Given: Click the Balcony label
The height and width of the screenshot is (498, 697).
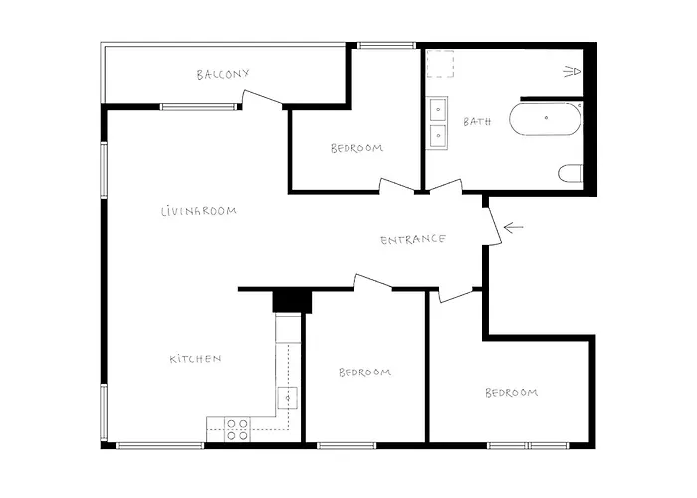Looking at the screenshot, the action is pyautogui.click(x=223, y=74).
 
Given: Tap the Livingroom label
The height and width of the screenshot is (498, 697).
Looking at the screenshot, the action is pyautogui.click(x=199, y=211).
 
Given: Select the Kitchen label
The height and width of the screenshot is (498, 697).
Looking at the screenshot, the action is pyautogui.click(x=195, y=359).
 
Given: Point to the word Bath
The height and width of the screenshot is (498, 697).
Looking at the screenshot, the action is pyautogui.click(x=477, y=122).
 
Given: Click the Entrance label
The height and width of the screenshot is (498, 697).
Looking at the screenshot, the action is pyautogui.click(x=413, y=240).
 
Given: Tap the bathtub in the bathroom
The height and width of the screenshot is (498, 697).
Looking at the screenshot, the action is pyautogui.click(x=545, y=119).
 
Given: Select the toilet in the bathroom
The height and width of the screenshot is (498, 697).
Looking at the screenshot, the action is pyautogui.click(x=571, y=173).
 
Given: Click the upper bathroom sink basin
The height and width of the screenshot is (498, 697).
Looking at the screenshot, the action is pyautogui.click(x=438, y=109).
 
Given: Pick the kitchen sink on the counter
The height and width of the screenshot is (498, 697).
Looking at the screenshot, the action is pyautogui.click(x=288, y=398).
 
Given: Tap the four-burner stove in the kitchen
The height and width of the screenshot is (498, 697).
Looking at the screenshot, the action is pyautogui.click(x=237, y=429).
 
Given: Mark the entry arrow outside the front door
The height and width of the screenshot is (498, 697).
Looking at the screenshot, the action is pyautogui.click(x=513, y=228).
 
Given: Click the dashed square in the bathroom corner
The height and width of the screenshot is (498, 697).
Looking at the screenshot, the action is pyautogui.click(x=440, y=64).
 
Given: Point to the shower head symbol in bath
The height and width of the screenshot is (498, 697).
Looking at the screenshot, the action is pyautogui.click(x=573, y=71).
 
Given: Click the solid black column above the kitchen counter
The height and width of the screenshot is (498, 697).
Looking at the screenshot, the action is pyautogui.click(x=292, y=301).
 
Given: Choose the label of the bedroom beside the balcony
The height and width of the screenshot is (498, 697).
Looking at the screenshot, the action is pyautogui.click(x=356, y=148).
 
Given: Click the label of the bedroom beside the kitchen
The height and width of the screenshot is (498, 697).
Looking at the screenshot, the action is pyautogui.click(x=365, y=373).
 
